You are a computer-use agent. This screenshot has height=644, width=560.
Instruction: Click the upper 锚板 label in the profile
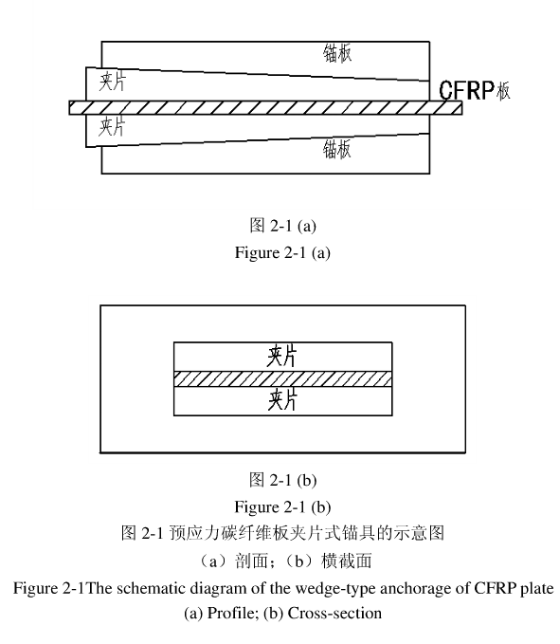tap(337, 53)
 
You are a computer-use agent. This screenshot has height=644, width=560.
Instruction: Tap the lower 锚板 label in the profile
tap(337, 149)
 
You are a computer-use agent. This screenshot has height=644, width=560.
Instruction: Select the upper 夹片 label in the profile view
tap(113, 81)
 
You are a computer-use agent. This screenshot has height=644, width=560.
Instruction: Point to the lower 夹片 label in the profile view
tap(112, 126)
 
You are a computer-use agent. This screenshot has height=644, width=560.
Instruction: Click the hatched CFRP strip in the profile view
tap(265, 107)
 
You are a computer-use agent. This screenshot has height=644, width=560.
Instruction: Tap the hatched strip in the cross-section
tap(282, 379)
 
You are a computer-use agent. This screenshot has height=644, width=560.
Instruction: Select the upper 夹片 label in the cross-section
tap(282, 356)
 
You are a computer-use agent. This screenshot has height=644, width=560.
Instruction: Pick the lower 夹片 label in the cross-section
tap(282, 400)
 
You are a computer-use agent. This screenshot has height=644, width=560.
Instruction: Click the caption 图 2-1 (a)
tap(282, 226)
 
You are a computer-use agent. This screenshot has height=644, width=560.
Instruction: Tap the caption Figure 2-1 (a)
tap(282, 252)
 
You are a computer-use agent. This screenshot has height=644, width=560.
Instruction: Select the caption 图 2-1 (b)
tap(282, 480)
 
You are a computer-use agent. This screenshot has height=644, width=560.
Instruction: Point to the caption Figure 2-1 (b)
tap(282, 506)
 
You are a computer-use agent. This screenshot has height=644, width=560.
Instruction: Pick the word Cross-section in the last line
tap(334, 614)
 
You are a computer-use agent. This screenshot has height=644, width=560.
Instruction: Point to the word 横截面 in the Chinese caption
tap(347, 561)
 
